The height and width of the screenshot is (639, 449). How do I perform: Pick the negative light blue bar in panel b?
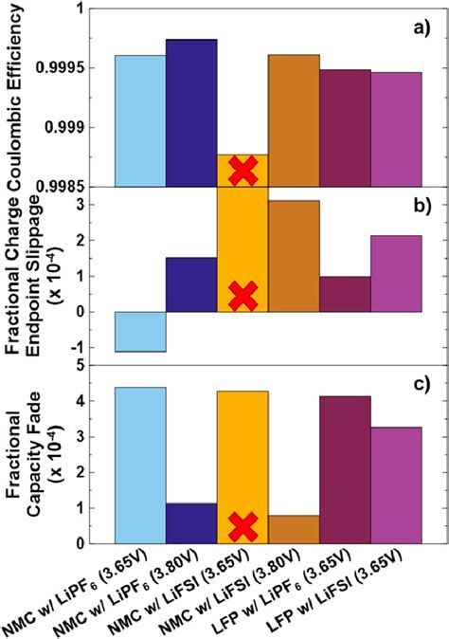(140, 332)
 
